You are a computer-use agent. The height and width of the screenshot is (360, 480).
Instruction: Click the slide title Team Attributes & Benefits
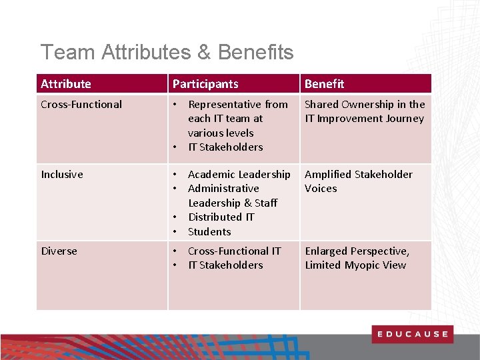pyautogui.click(x=167, y=52)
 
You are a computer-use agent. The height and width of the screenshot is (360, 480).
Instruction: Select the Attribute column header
pyautogui.click(x=66, y=84)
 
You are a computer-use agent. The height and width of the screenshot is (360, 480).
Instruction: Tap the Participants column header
pyautogui.click(x=205, y=84)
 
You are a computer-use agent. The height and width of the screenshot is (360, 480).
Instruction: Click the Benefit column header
pyautogui.click(x=325, y=84)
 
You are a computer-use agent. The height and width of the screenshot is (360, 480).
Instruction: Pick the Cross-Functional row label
pyautogui.click(x=81, y=105)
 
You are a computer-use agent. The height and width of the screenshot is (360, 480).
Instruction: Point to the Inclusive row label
pyautogui.click(x=62, y=175)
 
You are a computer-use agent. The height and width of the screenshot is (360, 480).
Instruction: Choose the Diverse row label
pyautogui.click(x=59, y=251)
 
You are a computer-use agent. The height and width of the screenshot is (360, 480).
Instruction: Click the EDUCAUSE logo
pyautogui.click(x=412, y=334)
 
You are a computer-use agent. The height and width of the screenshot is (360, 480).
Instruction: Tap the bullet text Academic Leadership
pyautogui.click(x=239, y=175)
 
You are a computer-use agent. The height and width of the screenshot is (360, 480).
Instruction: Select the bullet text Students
pyautogui.click(x=209, y=232)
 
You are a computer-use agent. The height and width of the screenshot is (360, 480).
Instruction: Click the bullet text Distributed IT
pyautogui.click(x=221, y=217)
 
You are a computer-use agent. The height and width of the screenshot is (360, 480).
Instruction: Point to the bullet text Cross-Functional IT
pyautogui.click(x=234, y=251)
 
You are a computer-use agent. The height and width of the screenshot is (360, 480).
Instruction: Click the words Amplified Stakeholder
pyautogui.click(x=358, y=175)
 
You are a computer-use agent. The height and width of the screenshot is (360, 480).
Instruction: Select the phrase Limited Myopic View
pyautogui.click(x=355, y=265)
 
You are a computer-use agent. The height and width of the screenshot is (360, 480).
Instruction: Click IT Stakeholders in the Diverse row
pyautogui.click(x=225, y=265)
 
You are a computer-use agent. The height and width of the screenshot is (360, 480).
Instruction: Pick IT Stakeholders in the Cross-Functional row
pyautogui.click(x=225, y=147)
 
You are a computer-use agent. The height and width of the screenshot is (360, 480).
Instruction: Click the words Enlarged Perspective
pyautogui.click(x=357, y=251)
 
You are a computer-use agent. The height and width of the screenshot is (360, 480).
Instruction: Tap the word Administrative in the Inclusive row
pyautogui.click(x=223, y=189)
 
